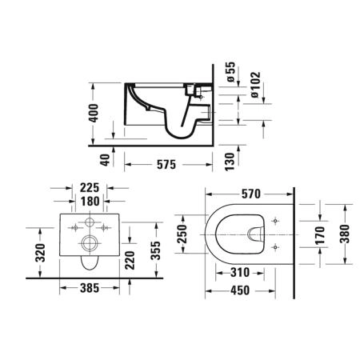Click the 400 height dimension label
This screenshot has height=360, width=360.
click(94, 113)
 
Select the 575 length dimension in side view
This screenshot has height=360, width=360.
click(166, 165)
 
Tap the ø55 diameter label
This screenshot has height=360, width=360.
click(230, 71)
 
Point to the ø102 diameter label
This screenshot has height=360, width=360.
click(255, 84)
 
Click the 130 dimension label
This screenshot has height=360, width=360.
click(230, 162)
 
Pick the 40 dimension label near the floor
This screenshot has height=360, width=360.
click(106, 160)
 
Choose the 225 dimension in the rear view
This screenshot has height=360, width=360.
click(90, 188)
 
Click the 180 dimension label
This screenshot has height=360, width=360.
click(90, 202)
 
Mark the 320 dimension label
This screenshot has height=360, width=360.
click(41, 252)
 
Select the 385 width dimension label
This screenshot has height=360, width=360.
click(90, 288)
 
